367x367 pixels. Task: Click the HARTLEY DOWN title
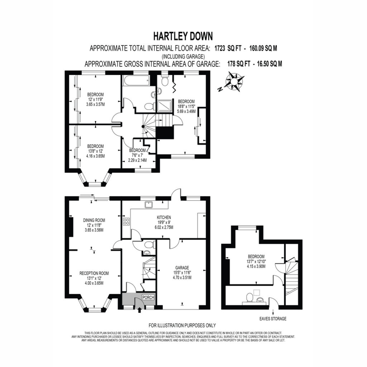[x=183, y=36]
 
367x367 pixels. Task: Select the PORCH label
[x=148, y=297]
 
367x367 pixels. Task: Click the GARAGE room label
[x=182, y=267]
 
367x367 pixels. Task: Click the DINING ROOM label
[x=94, y=220]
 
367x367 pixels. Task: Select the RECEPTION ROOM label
[x=94, y=273]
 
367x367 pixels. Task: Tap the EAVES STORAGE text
[x=273, y=319]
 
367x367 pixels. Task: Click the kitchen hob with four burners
[x=126, y=221]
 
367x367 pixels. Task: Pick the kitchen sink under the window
[x=149, y=205]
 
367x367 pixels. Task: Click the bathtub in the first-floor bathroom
[x=136, y=81]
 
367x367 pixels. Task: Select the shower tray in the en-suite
[x=165, y=106]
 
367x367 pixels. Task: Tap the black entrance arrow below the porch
[x=139, y=310]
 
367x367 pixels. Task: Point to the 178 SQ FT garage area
[x=239, y=64]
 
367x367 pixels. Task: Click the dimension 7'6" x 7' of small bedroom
[x=137, y=155]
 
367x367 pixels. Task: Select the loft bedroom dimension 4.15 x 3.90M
[x=256, y=266]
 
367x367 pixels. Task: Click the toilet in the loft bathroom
[x=249, y=298]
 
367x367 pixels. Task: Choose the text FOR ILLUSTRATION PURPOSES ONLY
[x=182, y=325]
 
